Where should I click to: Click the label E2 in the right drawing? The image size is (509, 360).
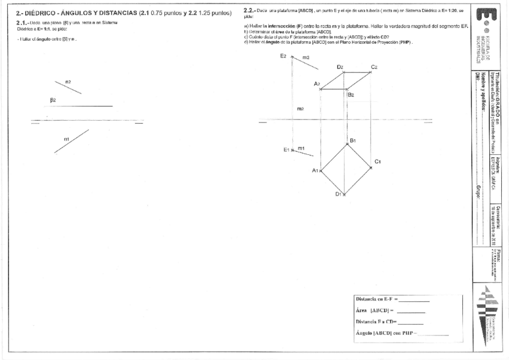283,56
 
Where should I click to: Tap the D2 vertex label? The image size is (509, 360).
340,67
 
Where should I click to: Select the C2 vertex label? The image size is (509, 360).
374,67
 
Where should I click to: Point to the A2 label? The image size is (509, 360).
317,84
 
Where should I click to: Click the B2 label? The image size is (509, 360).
351,94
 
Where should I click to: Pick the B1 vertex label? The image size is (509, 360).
354,140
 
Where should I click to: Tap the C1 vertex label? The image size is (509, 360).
378,161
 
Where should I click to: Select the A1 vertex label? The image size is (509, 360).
315,170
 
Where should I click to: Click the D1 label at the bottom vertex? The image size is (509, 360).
339,194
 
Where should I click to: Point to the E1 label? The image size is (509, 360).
286,149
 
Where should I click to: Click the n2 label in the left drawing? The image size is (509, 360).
68,82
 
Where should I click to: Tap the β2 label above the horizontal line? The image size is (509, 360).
53,100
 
